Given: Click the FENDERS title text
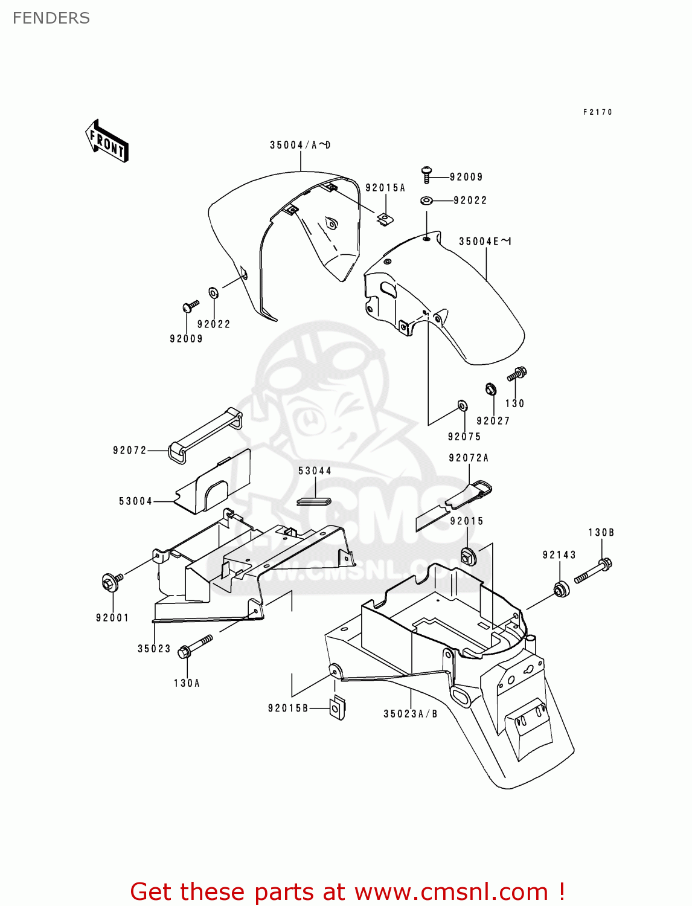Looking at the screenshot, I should point(51,18).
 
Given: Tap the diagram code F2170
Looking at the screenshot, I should point(597,112).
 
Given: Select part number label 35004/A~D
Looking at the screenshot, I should point(300,145).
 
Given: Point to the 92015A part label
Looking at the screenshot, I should point(385,188).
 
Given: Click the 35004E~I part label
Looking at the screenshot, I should point(485,242).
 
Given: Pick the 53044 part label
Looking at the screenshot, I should point(315,471).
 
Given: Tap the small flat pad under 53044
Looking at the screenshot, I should point(314,501).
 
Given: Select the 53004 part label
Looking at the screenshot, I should point(135,501).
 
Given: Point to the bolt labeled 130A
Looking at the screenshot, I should point(196,646).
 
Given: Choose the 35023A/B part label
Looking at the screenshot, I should point(411,714).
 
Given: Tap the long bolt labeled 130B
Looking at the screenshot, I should point(594,571).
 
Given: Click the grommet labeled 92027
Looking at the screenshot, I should point(491,389).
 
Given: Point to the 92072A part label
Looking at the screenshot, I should point(469,458).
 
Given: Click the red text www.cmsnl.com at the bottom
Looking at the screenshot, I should point(450,892).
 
